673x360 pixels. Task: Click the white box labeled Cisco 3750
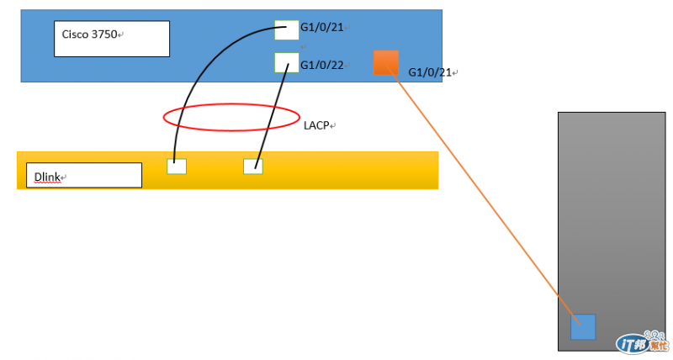[111, 39]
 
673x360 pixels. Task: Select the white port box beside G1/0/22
[287, 62]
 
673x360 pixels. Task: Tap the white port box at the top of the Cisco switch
[287, 29]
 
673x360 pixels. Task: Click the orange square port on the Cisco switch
[386, 62]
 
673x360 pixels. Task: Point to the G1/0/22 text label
[322, 65]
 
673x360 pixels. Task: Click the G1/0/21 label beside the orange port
[429, 73]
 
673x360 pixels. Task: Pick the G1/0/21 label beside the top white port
[322, 28]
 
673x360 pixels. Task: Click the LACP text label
[316, 125]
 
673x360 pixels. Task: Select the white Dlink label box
[84, 175]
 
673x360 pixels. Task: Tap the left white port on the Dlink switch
[177, 166]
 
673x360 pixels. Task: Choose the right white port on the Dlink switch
[253, 166]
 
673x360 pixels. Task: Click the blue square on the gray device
[583, 326]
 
